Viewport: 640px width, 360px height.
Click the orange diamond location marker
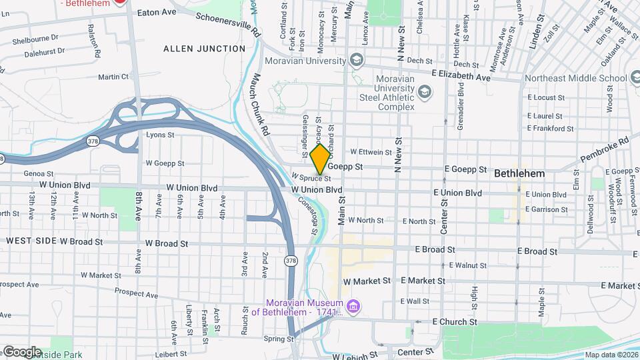pos(320,159)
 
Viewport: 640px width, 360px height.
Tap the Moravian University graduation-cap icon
pos(357,61)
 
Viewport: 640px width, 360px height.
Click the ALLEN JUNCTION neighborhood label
pos(205,49)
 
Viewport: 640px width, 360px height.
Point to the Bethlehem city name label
pos(519,173)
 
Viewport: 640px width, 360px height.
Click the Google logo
pos(21,352)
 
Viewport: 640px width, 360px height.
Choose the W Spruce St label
pos(311,178)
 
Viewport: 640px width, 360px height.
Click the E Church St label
pos(455,322)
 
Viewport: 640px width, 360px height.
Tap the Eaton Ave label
pos(156,13)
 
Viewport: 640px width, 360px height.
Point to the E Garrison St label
pos(547,209)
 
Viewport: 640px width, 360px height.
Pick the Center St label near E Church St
pos(415,351)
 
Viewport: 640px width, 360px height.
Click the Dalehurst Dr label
pos(41,51)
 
